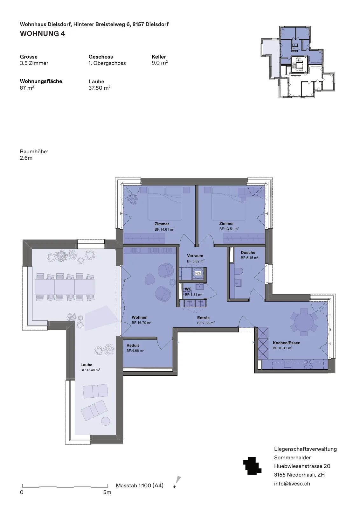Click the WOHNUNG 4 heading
(43, 34)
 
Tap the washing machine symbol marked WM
(198, 273)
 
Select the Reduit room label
(133, 345)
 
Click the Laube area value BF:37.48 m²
(90, 370)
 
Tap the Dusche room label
(248, 253)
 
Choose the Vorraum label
(195, 256)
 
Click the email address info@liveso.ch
(292, 484)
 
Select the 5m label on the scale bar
(107, 492)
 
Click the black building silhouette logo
(252, 466)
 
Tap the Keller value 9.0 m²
(159, 63)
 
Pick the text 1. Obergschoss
(107, 63)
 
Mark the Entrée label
(203, 318)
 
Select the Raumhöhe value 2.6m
(26, 158)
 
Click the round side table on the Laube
(105, 421)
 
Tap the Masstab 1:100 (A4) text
(140, 485)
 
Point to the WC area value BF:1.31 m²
(193, 295)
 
